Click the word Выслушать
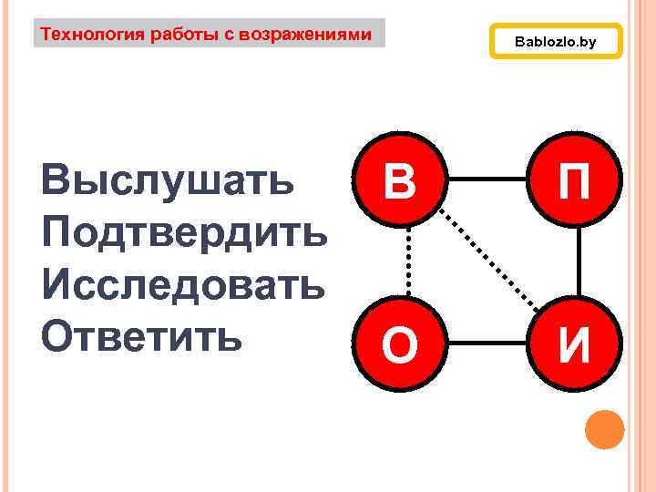(x=169, y=181)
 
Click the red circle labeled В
(x=400, y=180)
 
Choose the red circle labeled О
(x=400, y=344)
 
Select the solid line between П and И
(x=578, y=262)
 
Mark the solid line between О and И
(x=487, y=344)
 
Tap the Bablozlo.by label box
(x=556, y=42)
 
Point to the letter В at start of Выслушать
(x=57, y=181)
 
